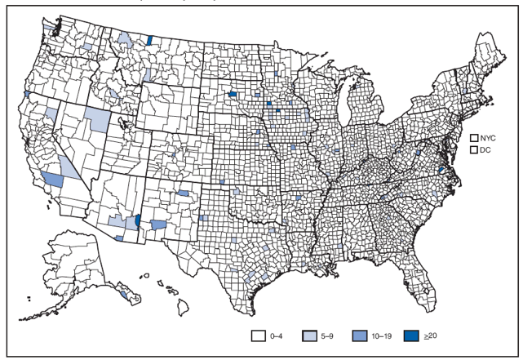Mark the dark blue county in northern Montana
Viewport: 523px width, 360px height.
(150, 39)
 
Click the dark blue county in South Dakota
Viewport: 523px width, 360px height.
(233, 94)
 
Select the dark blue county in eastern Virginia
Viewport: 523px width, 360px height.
(441, 169)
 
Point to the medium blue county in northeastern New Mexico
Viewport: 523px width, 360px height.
(183, 193)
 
